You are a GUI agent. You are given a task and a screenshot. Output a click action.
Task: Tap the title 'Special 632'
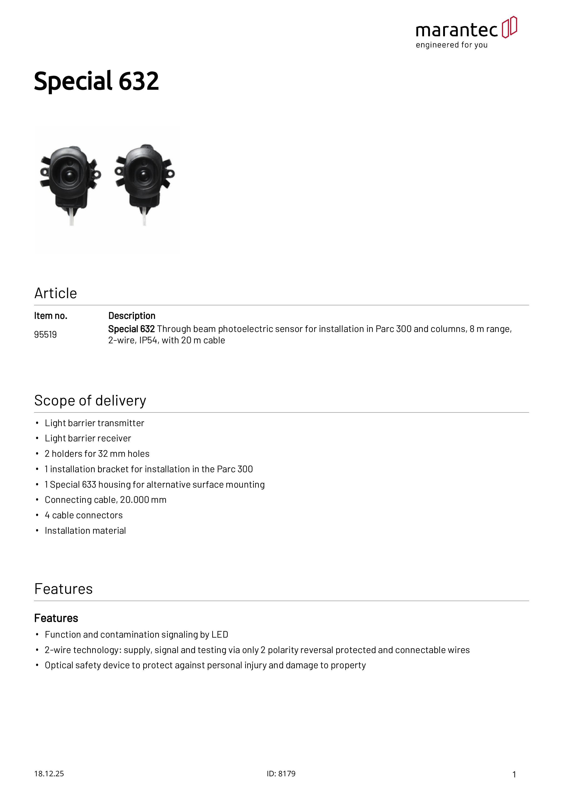pyautogui.click(x=96, y=81)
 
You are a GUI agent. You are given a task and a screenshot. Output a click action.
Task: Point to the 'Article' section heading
pyautogui.click(x=55, y=293)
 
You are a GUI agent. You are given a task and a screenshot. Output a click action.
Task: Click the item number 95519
pyautogui.click(x=45, y=334)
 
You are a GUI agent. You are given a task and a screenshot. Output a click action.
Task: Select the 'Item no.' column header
pyautogui.click(x=51, y=316)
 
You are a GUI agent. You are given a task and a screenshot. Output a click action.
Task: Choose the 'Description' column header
pyautogui.click(x=132, y=316)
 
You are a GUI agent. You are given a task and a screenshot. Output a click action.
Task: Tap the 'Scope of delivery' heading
pyautogui.click(x=90, y=401)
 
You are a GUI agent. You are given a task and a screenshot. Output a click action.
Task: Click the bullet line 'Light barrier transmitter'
pyautogui.click(x=94, y=423)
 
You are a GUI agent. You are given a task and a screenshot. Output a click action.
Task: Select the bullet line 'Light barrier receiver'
pyautogui.click(x=88, y=439)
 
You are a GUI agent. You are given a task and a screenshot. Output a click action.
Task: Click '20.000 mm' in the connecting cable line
pyautogui.click(x=143, y=500)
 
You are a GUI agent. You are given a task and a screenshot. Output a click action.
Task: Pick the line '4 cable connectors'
pyautogui.click(x=84, y=516)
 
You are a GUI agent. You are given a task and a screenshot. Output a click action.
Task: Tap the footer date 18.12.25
pyautogui.click(x=49, y=774)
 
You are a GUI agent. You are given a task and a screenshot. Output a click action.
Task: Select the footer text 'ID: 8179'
pyautogui.click(x=281, y=774)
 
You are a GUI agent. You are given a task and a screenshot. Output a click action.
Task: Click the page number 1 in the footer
pyautogui.click(x=514, y=774)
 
